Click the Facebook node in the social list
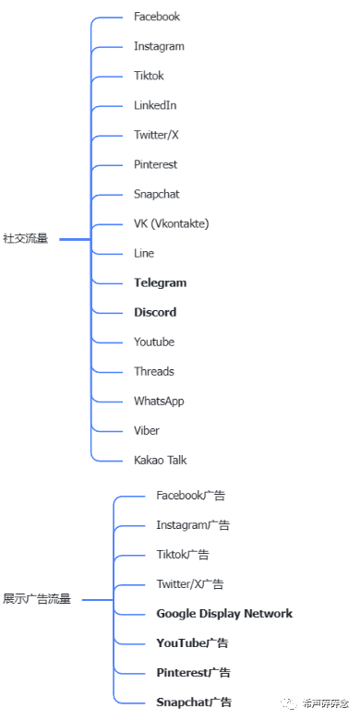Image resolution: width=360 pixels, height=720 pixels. (x=156, y=17)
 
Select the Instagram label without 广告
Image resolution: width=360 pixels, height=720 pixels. (x=159, y=46)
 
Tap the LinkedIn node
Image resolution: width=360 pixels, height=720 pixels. (x=155, y=105)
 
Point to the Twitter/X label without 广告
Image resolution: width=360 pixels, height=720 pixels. (x=156, y=135)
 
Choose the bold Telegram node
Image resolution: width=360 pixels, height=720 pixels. (x=160, y=282)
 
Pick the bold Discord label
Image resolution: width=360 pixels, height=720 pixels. (x=155, y=312)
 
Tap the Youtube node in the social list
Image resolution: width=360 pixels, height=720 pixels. (x=153, y=342)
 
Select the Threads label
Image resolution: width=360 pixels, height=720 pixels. (x=153, y=371)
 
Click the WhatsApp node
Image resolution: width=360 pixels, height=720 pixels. (x=159, y=401)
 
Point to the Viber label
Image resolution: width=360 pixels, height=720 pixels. (x=147, y=430)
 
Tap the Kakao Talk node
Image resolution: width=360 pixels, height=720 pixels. (x=161, y=460)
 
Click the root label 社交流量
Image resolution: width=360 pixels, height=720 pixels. (x=25, y=239)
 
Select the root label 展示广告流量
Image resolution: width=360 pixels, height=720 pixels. (x=36, y=599)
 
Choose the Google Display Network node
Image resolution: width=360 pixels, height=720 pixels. (x=224, y=614)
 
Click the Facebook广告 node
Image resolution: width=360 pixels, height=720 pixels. (x=191, y=496)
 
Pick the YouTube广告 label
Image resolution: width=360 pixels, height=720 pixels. (x=192, y=643)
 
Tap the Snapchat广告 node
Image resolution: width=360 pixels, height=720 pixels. (x=194, y=702)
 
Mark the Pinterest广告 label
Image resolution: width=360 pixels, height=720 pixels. (x=193, y=673)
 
